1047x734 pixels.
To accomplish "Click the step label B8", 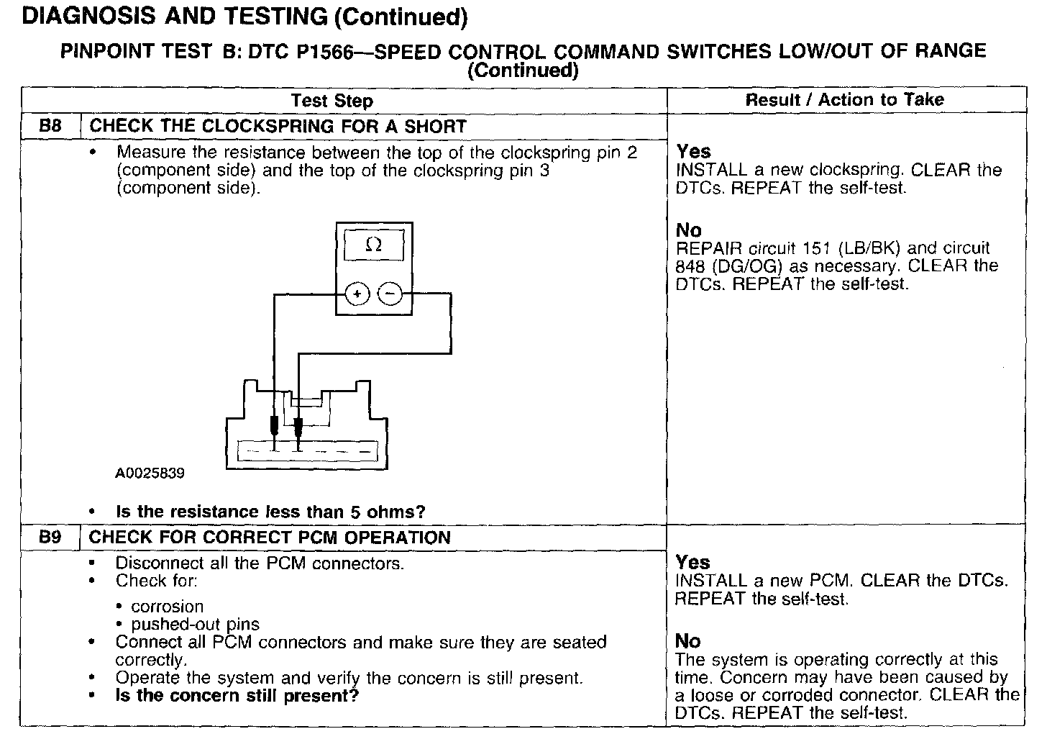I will tap(50, 126).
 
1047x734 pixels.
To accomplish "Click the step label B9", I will tap(50, 538).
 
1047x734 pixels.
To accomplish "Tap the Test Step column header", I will tap(332, 101).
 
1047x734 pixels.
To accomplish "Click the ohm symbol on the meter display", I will tap(373, 245).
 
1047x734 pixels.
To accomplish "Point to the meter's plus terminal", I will tap(358, 294).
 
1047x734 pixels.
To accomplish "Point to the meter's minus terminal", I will tap(390, 294).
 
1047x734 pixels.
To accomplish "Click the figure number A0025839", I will tap(150, 474).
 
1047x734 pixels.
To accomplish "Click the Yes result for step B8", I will tap(693, 152).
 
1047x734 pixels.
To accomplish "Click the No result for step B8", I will tap(688, 230).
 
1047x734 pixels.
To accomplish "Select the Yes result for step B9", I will tap(693, 563).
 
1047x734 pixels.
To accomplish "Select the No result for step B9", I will tap(688, 641).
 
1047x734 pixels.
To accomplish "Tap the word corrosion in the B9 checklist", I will tap(167, 607).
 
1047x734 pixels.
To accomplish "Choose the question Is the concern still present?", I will tap(237, 696).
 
